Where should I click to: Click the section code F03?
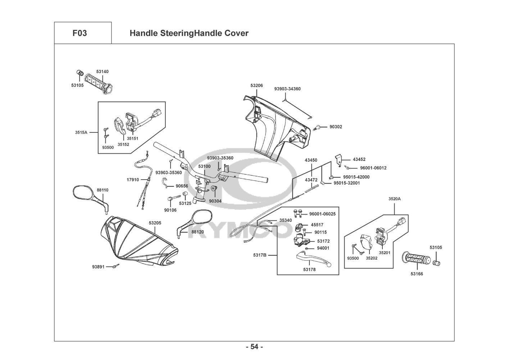click(x=79, y=33)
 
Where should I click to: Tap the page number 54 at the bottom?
click(x=254, y=347)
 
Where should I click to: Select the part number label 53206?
click(x=256, y=86)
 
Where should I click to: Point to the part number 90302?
click(x=336, y=127)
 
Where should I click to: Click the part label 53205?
click(x=155, y=223)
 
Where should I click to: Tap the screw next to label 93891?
click(x=116, y=266)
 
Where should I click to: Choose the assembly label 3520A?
click(x=395, y=199)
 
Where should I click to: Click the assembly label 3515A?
click(x=81, y=132)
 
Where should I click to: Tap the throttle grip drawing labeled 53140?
click(x=99, y=83)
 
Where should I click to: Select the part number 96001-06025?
click(x=322, y=214)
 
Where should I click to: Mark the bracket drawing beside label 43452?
click(x=339, y=160)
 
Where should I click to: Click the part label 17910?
click(x=133, y=180)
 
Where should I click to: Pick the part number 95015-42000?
click(x=356, y=177)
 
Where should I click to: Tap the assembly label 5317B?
click(x=260, y=255)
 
